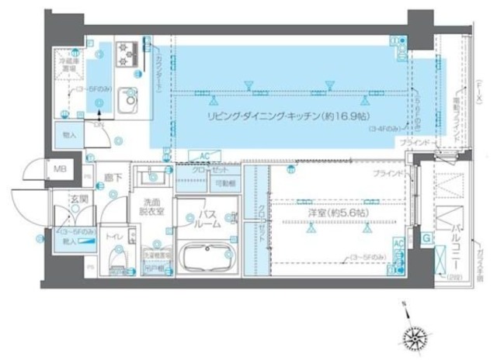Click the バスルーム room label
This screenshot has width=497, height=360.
point(209,219)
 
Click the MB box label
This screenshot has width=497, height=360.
point(59,168)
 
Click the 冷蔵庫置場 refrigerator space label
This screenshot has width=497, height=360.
point(63,61)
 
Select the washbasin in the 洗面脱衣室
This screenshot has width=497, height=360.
point(154,176)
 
